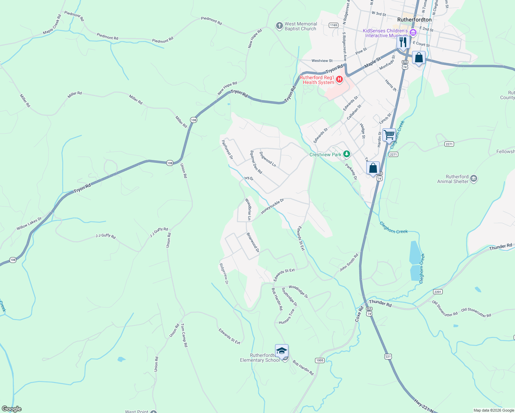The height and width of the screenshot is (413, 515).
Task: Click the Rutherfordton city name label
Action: point(414,20)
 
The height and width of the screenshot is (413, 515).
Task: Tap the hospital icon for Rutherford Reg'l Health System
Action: point(339,80)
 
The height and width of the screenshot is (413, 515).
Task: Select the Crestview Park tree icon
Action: point(347,154)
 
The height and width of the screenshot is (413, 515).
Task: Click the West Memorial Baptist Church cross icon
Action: point(279,26)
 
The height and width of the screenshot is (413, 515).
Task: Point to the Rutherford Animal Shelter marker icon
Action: point(474,179)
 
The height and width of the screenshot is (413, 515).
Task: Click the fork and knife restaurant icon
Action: point(403,42)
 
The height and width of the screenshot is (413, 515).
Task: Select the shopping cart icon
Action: point(389,134)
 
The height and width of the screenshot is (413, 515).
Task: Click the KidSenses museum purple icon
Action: point(413,33)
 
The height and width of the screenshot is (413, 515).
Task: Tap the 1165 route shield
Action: point(333,25)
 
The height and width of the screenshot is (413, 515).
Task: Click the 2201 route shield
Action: point(438,292)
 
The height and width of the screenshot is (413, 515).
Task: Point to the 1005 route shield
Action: point(319,360)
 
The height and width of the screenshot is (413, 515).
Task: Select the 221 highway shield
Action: point(388,357)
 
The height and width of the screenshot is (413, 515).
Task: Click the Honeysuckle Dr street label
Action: point(272,206)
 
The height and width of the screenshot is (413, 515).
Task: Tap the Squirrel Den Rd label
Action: point(256,162)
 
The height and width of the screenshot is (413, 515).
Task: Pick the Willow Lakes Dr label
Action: point(29,224)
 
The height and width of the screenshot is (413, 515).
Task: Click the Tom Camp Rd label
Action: point(184,335)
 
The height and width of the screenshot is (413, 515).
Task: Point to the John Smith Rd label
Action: point(349,262)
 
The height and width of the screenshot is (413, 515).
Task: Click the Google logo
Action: point(11,409)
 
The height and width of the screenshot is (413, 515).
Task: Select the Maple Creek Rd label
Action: point(52,24)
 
